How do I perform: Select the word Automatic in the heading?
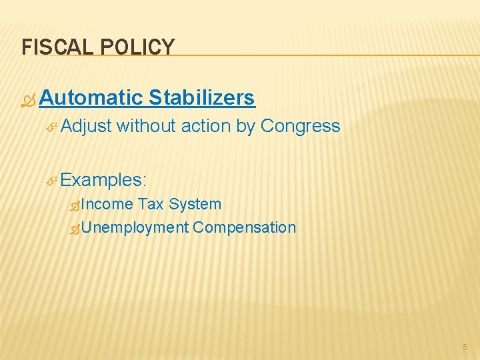coord(91,98)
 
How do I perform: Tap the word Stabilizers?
coord(201,98)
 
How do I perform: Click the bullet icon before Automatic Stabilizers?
coord(29,99)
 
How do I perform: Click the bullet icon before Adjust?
coord(53,127)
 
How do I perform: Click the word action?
coord(209,126)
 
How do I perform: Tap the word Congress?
coord(301,126)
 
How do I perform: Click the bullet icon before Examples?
coord(53,181)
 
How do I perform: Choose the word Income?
coord(107,204)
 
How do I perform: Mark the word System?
coord(195,204)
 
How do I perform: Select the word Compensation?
coord(244,227)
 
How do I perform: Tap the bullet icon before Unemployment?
coord(75,229)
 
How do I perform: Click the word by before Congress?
coord(246,126)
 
